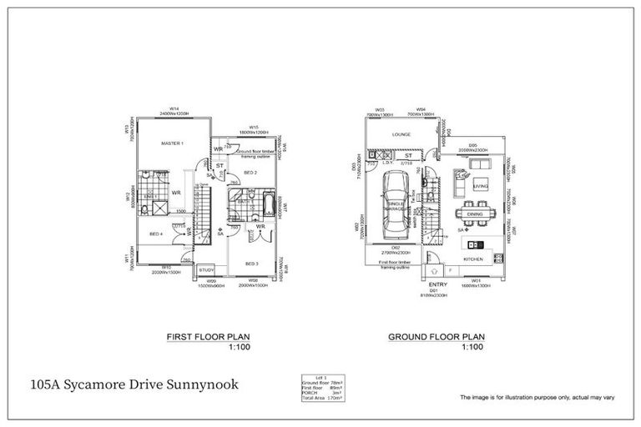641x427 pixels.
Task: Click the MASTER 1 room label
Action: point(171,143)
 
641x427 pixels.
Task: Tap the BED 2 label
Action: point(250,172)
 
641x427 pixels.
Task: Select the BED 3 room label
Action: point(251,263)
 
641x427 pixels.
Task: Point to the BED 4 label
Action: point(155,234)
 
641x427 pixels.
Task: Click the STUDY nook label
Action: point(208,269)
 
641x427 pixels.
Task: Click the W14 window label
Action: point(174,109)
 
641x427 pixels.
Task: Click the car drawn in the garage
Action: point(395,204)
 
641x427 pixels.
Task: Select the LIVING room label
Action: point(480,187)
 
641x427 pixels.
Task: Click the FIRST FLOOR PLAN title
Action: point(208,337)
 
